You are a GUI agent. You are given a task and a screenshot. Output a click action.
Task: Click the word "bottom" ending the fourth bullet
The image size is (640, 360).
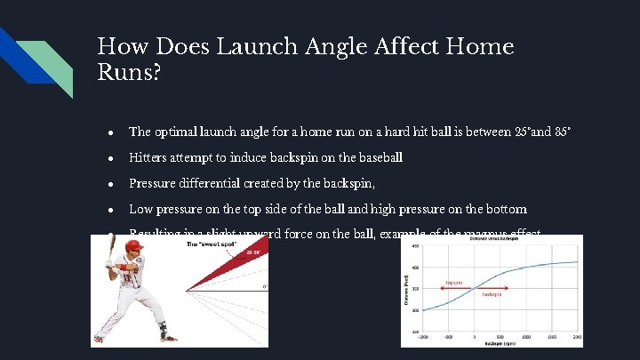(505, 209)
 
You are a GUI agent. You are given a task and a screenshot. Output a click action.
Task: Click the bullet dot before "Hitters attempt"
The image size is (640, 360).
(108, 158)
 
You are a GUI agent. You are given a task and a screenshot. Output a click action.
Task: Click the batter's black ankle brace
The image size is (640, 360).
(164, 330)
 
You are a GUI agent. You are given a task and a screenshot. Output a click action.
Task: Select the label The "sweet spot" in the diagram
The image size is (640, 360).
(210, 244)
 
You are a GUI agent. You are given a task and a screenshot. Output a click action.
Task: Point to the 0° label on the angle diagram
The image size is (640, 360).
(264, 287)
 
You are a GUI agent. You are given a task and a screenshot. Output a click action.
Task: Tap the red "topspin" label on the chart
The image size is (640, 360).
(453, 284)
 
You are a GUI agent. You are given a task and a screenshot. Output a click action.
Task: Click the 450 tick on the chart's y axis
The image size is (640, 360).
(413, 247)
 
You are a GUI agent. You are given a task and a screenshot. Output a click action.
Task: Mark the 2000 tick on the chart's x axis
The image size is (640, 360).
(578, 338)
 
